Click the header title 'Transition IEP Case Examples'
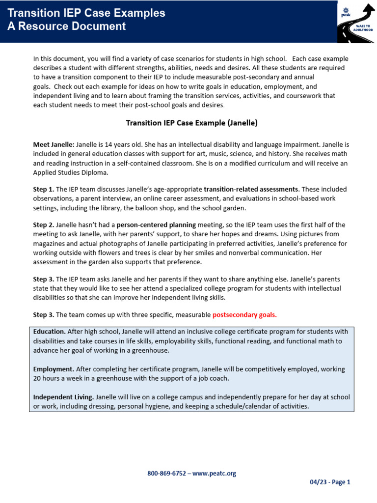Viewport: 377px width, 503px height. pyautogui.click(x=86, y=13)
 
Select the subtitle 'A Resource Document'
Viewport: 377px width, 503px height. pyautogui.click(x=66, y=27)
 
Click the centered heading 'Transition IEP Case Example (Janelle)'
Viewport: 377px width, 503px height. pyautogui.click(x=191, y=123)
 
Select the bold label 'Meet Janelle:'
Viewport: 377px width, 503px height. pyautogui.click(x=54, y=144)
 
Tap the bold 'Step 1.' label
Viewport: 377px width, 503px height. pyautogui.click(x=44, y=189)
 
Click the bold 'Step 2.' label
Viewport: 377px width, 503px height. pyautogui.click(x=44, y=225)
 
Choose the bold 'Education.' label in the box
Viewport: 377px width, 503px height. pyautogui.click(x=50, y=332)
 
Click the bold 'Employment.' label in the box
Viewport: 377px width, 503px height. pyautogui.click(x=54, y=369)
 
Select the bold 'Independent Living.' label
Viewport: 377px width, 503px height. pyautogui.click(x=63, y=397)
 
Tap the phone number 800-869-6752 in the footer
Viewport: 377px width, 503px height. pyautogui.click(x=166, y=474)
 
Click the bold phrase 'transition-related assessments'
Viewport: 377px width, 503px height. pyautogui.click(x=250, y=189)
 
